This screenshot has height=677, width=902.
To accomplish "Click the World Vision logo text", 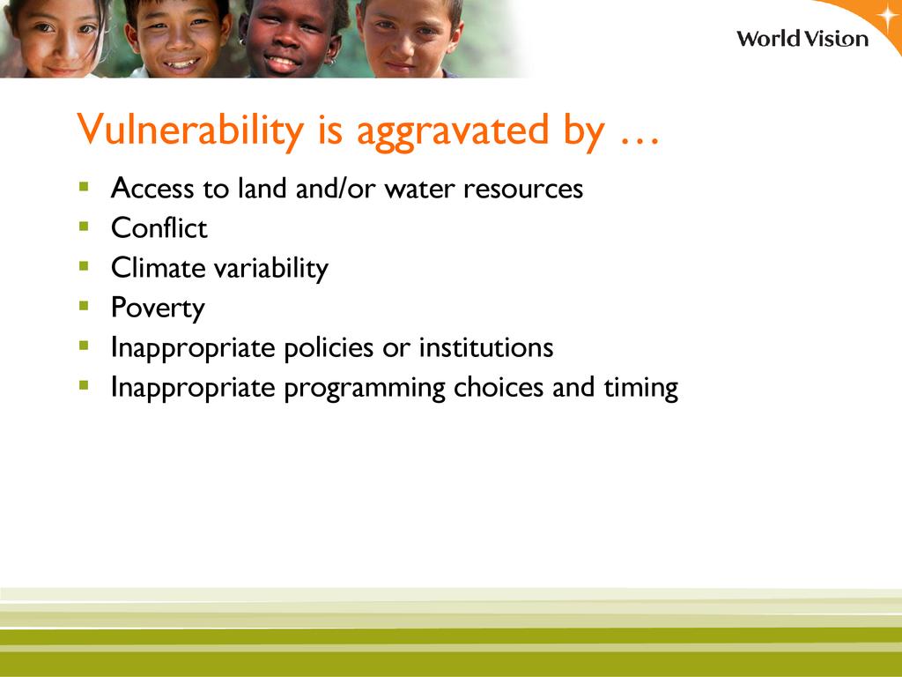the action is pyautogui.click(x=802, y=39).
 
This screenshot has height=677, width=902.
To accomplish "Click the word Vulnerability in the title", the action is pyautogui.click(x=190, y=130).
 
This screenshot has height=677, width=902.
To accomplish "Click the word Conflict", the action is pyautogui.click(x=159, y=228).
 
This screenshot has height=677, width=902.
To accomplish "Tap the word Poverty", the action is pyautogui.click(x=158, y=309).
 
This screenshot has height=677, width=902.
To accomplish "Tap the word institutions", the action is pyautogui.click(x=486, y=347).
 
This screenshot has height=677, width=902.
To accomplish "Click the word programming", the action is pyautogui.click(x=365, y=389).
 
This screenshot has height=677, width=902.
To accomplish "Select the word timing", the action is pyautogui.click(x=641, y=389).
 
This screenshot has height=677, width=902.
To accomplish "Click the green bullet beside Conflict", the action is pyautogui.click(x=84, y=227).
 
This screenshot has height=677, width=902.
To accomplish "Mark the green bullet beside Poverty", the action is pyautogui.click(x=84, y=306).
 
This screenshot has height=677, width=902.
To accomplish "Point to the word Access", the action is pyautogui.click(x=152, y=189).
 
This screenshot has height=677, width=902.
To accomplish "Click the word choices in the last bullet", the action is pyautogui.click(x=499, y=388).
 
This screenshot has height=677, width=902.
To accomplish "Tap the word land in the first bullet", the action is pyautogui.click(x=262, y=189).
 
